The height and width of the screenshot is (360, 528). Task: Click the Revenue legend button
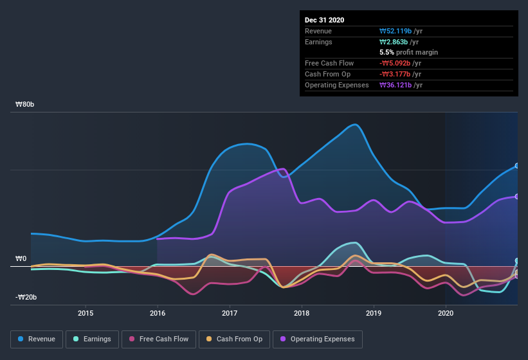point(37,339)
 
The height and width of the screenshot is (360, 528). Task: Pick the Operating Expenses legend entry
point(318,339)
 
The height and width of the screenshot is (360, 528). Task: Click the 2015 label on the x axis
point(86,313)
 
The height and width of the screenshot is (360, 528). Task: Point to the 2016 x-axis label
point(158,313)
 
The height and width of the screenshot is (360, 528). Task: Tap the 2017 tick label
point(230,313)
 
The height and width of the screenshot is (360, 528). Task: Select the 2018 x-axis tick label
point(302,313)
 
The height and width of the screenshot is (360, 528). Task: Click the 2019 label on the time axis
point(374,313)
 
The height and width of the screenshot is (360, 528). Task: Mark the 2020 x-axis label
point(446,313)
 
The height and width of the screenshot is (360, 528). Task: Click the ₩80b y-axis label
point(26,104)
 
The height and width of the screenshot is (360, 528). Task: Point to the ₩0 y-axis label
point(21,258)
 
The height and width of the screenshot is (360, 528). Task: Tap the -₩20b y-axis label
point(26,297)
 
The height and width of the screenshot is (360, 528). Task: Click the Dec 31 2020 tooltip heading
point(324,20)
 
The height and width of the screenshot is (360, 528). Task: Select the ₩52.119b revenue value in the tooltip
point(397,31)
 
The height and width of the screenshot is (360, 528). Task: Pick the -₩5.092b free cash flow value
point(397,63)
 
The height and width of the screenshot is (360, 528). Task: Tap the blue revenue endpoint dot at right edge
point(517,166)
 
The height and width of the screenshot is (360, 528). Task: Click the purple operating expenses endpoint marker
point(517,197)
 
